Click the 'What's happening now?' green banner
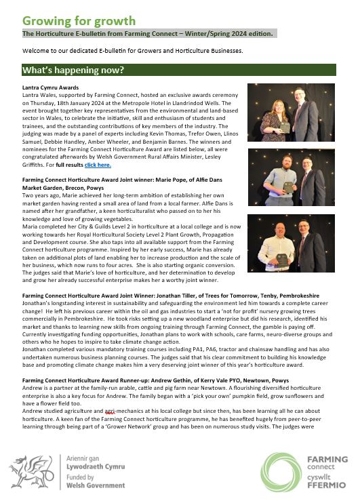point(178,69)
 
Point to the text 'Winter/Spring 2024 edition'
point(231,33)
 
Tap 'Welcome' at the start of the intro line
point(37,51)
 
